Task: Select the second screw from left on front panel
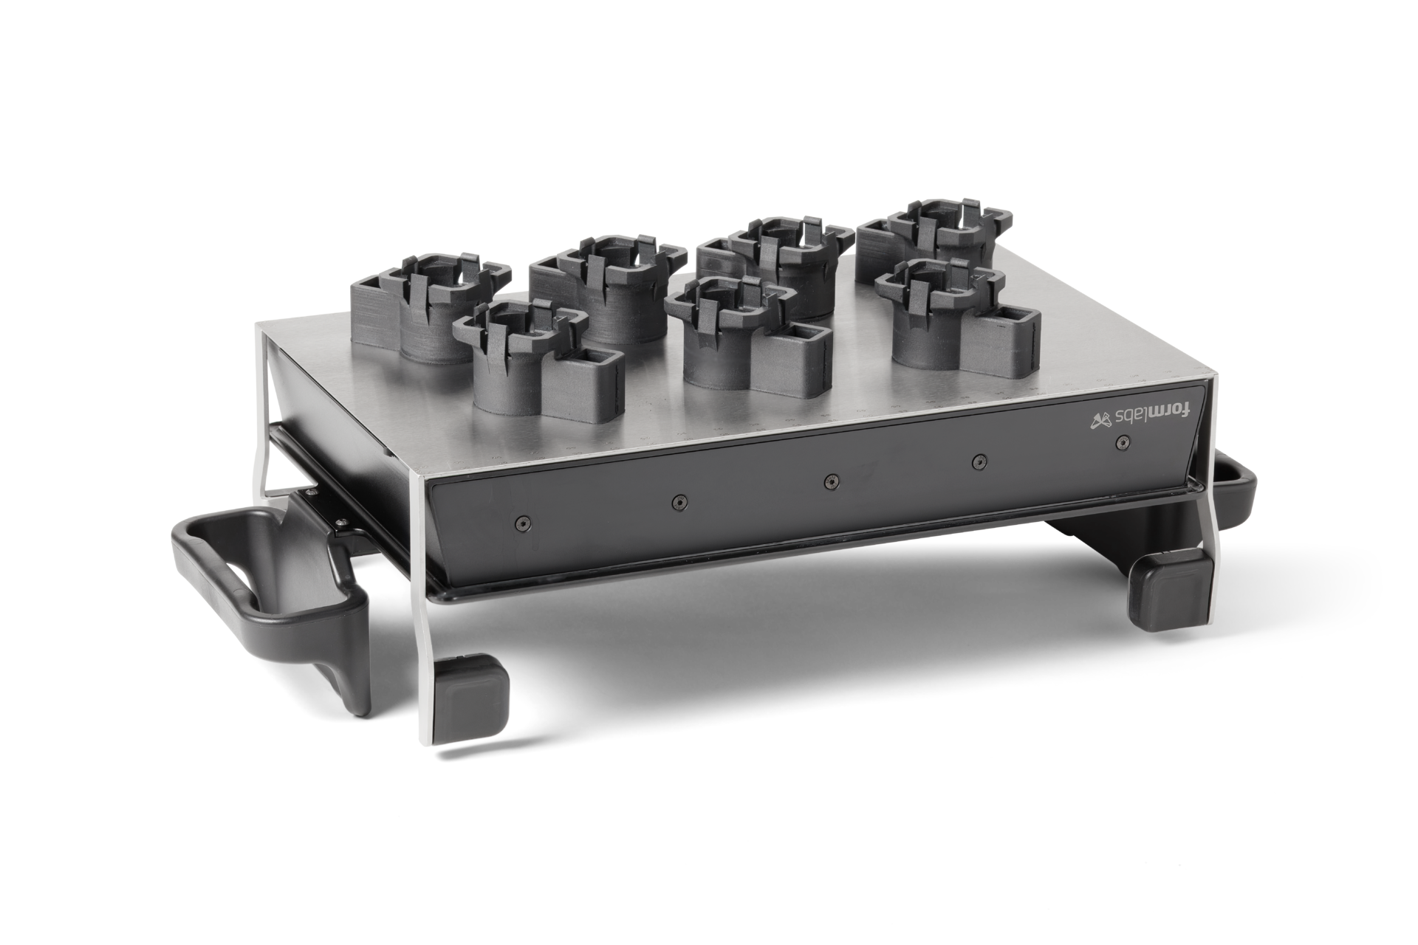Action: click(x=676, y=502)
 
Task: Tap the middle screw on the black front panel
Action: click(x=831, y=481)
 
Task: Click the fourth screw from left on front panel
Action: click(x=979, y=461)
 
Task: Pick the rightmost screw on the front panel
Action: click(x=1123, y=442)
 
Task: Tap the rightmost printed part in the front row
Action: click(x=953, y=317)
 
